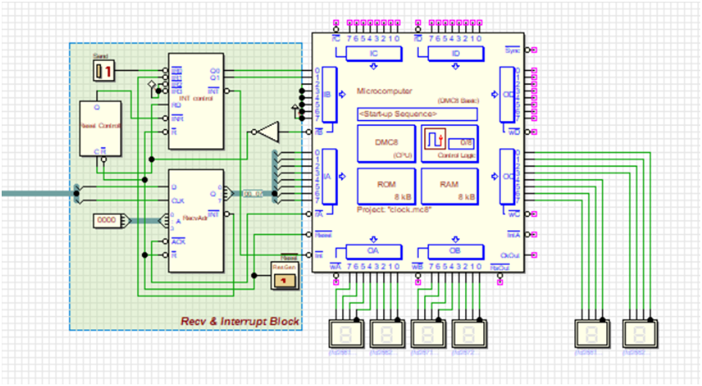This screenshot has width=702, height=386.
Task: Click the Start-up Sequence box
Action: (x=417, y=113)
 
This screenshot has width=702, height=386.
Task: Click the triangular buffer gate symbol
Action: (x=268, y=132)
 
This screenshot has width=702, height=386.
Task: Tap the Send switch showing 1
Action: (x=104, y=72)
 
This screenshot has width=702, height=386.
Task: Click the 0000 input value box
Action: (x=106, y=220)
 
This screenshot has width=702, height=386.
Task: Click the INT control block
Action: (x=196, y=100)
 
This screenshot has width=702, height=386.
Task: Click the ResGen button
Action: (x=284, y=275)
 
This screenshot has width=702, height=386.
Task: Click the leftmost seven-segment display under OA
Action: (x=346, y=333)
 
